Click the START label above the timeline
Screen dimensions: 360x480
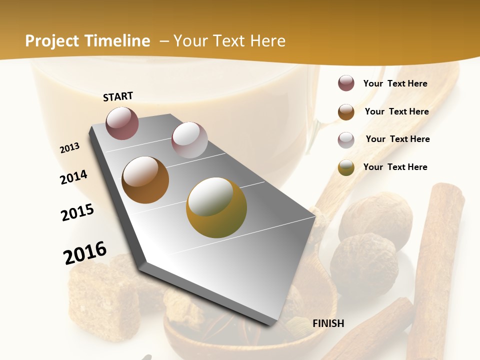tap(118, 96)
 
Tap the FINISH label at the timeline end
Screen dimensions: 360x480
tap(328, 323)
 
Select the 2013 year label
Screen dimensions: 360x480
tap(70, 147)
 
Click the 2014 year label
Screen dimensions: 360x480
tap(74, 177)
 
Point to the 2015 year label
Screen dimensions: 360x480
tap(77, 212)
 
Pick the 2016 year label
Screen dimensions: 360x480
tap(85, 252)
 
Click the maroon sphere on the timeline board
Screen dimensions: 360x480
tap(122, 123)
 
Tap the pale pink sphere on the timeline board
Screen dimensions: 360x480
tap(189, 140)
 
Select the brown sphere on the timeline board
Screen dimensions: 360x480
tap(145, 179)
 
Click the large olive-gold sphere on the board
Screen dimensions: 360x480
tap(216, 207)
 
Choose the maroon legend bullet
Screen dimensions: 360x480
tap(346, 83)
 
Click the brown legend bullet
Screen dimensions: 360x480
tap(346, 111)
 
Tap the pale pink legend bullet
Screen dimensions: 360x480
tap(346, 139)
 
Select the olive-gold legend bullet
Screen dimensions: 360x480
tap(346, 167)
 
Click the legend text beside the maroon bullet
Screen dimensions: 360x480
tap(395, 83)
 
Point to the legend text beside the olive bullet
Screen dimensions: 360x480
tap(395, 167)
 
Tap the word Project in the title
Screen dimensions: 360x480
tap(51, 41)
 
